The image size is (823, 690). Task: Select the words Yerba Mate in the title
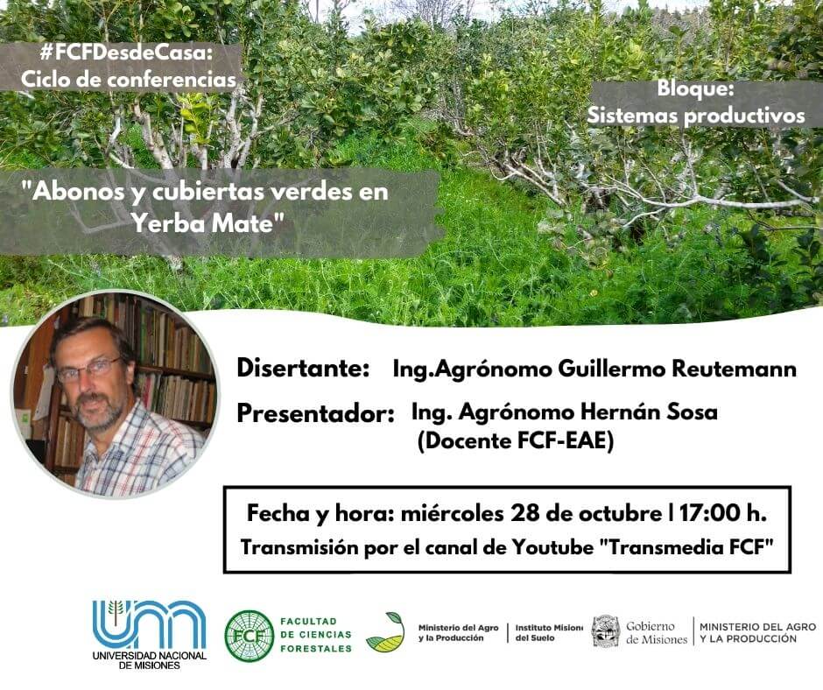tap(202, 223)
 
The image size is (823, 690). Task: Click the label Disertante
tap(304, 368)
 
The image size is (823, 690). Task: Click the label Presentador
tap(315, 414)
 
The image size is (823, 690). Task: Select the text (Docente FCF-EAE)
tap(516, 440)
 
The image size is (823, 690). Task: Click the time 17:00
tap(709, 513)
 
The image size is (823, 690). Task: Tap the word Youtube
tap(552, 547)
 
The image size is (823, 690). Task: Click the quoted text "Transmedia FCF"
tap(686, 547)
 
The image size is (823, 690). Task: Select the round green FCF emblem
tap(249, 636)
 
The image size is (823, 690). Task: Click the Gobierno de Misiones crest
tap(606, 631)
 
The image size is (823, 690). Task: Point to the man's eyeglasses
tap(90, 368)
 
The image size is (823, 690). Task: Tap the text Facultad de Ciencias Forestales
tap(316, 635)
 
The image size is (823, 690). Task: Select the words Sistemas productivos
tap(695, 116)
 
